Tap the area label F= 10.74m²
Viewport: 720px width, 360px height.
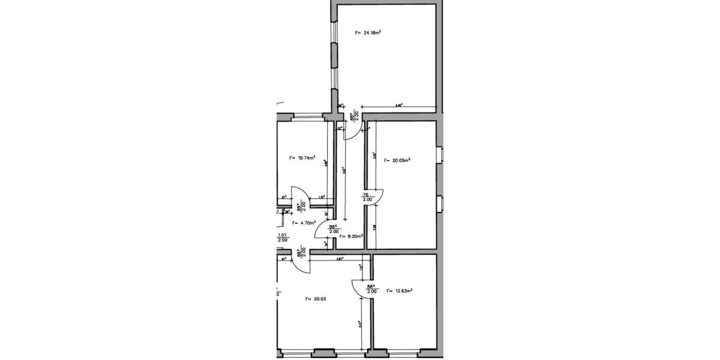[x=302, y=158]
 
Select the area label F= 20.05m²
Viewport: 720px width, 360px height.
[x=397, y=161]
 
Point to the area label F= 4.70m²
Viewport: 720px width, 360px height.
[x=304, y=223]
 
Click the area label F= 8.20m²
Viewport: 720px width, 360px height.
[x=351, y=236]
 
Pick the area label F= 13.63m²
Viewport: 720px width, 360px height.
[x=400, y=291]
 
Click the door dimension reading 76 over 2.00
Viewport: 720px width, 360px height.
[x=365, y=197]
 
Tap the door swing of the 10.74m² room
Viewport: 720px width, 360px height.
[x=300, y=195]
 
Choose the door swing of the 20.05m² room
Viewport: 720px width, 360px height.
[x=376, y=197]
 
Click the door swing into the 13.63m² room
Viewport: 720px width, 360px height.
[x=362, y=289]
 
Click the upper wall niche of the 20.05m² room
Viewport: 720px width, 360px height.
[x=440, y=155]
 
